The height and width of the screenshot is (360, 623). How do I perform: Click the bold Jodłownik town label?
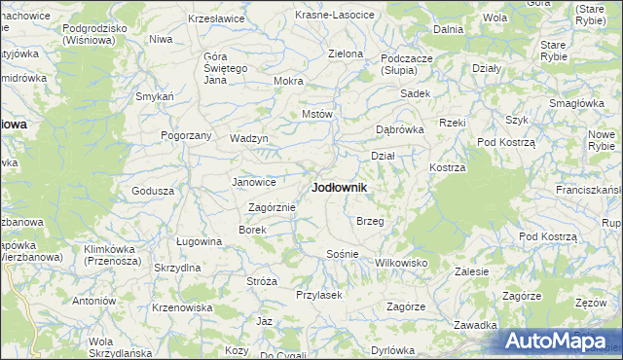[x=339, y=187]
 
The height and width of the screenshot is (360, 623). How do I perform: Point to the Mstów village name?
[x=317, y=114]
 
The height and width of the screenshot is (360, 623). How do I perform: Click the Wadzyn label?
[x=248, y=138]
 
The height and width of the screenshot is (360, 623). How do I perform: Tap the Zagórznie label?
[x=272, y=207]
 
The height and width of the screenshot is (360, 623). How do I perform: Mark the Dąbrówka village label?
[x=401, y=129]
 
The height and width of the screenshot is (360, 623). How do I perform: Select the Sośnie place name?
[x=343, y=254]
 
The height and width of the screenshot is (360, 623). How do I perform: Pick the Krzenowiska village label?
[x=182, y=307]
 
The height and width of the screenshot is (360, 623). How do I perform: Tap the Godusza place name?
[x=152, y=191]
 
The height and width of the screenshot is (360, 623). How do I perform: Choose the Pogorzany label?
[x=186, y=135]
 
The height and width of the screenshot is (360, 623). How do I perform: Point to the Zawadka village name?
[x=476, y=325]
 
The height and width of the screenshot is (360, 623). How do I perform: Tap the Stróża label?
[x=262, y=281]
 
